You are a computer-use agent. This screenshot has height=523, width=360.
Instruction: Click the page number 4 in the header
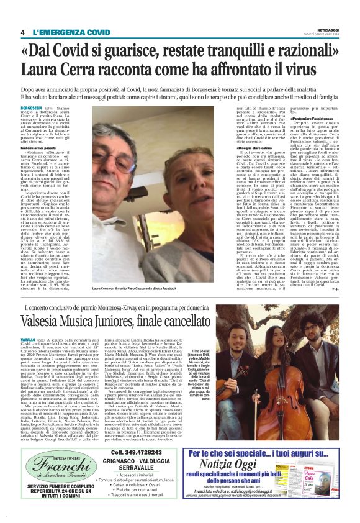tap(23, 32)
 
